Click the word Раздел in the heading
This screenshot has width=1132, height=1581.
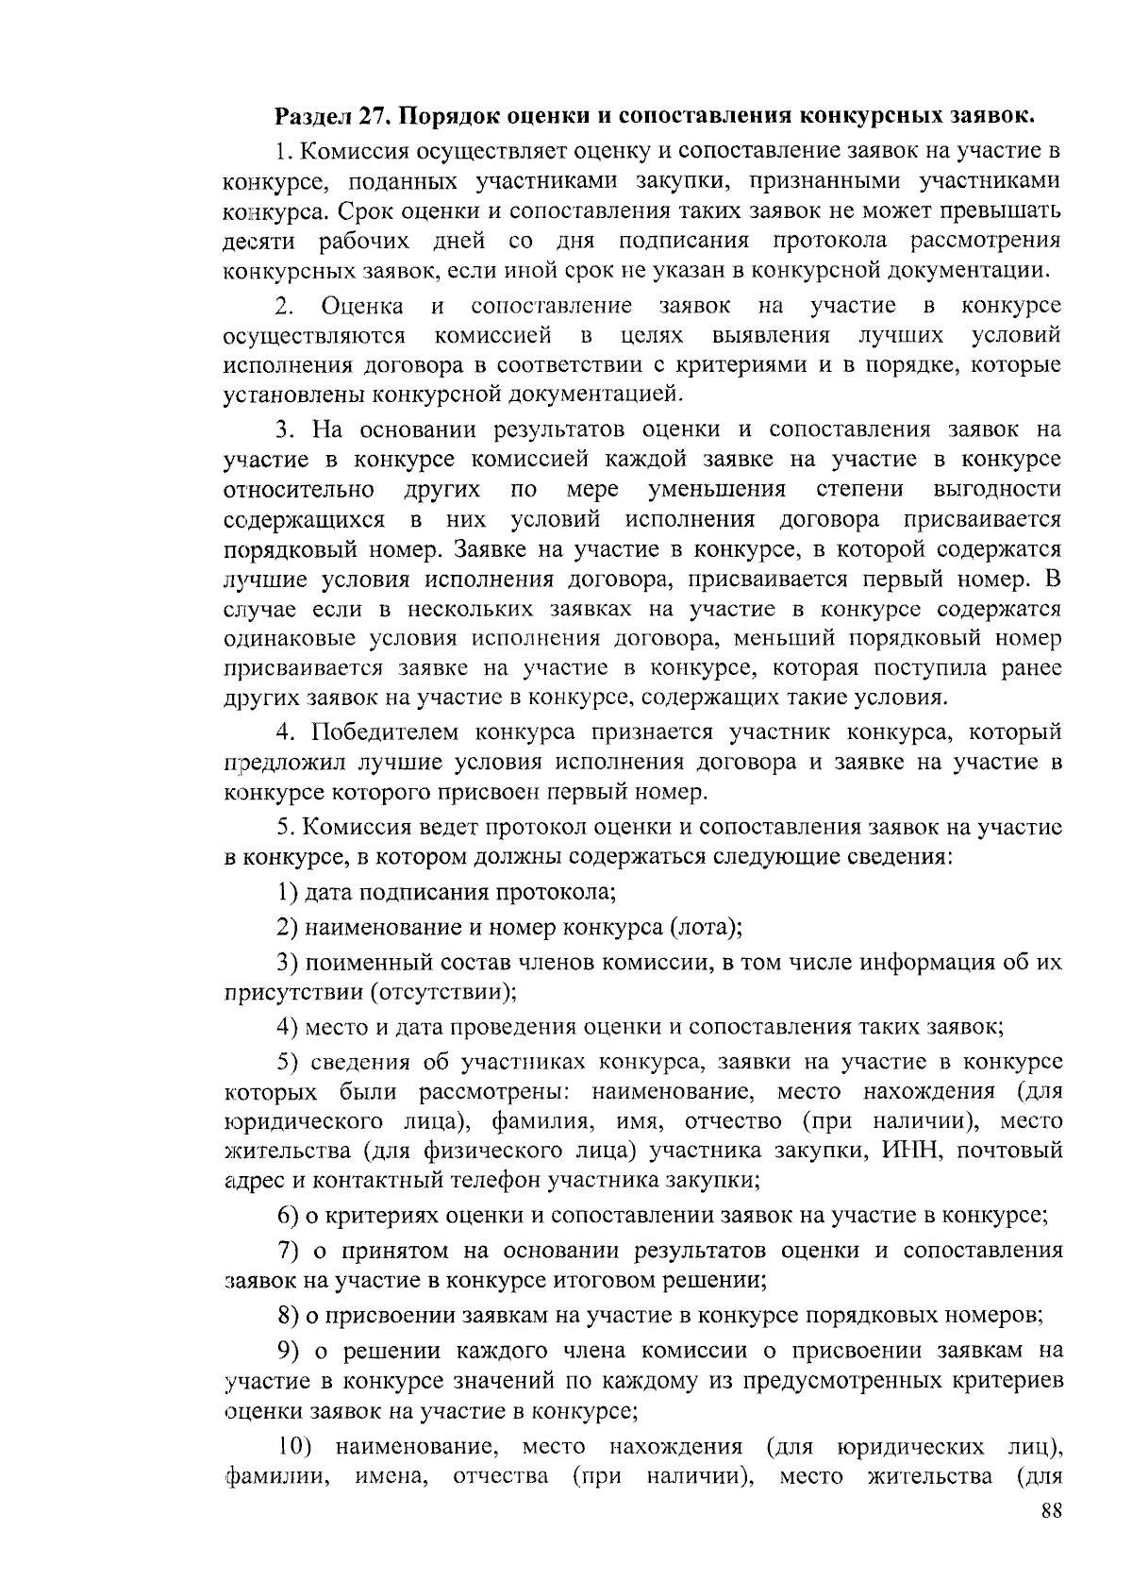click(x=311, y=117)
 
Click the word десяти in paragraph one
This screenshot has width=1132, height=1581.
click(x=261, y=241)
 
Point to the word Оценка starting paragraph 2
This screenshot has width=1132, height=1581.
click(x=362, y=306)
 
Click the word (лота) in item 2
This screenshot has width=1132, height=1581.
click(x=706, y=927)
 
